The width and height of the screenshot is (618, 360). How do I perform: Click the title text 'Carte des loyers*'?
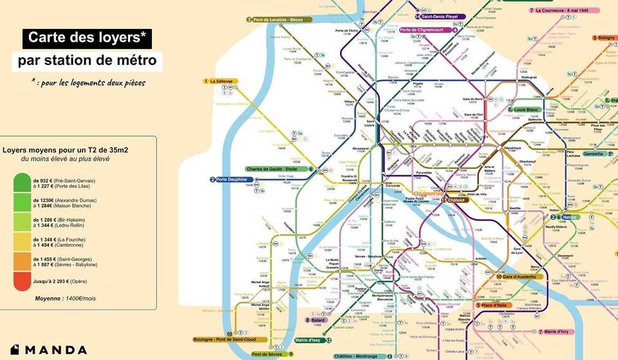pos(88,39)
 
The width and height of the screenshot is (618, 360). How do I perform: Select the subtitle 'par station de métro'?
pos(87,62)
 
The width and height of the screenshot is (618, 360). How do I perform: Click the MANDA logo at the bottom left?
pos(48,350)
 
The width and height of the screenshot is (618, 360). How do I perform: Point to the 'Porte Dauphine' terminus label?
pos(231,179)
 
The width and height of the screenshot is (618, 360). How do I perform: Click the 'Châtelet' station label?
pos(456,200)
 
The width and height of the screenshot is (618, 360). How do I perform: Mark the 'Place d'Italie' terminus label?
pos(494,305)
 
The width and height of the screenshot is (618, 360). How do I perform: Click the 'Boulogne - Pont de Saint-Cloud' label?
pos(225,339)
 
